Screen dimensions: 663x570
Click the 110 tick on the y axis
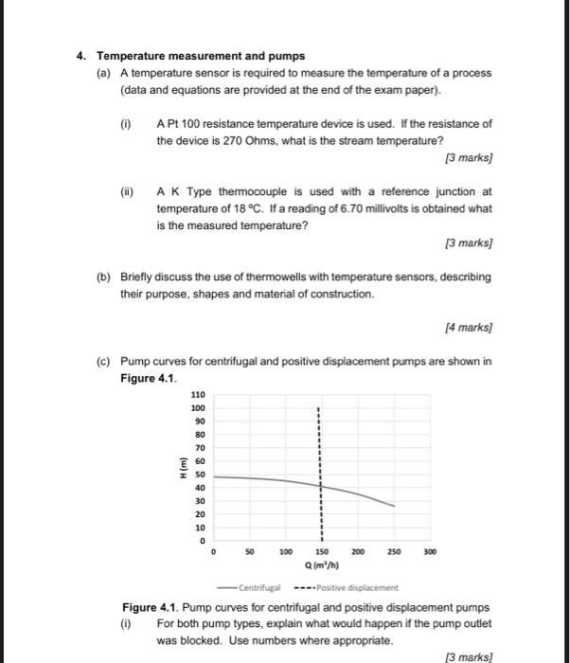(x=197, y=394)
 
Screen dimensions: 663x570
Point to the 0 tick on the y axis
(x=200, y=540)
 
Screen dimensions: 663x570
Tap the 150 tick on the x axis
(x=321, y=550)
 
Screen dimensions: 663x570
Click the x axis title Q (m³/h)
(x=321, y=566)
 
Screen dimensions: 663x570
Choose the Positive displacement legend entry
(x=350, y=587)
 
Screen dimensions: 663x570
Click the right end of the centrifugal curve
(x=395, y=507)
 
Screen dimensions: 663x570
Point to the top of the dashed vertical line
(x=320, y=407)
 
